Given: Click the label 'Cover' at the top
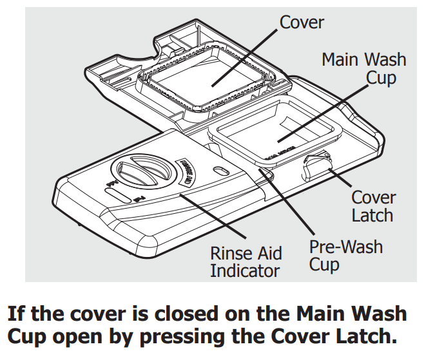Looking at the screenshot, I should pos(301,23).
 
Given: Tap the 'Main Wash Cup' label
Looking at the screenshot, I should pos(363,69).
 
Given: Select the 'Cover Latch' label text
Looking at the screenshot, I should pos(373,205).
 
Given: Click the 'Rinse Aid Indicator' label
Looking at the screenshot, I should pos(246,261).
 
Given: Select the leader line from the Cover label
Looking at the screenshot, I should pos(245,58).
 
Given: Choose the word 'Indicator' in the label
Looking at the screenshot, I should pos(246,270).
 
